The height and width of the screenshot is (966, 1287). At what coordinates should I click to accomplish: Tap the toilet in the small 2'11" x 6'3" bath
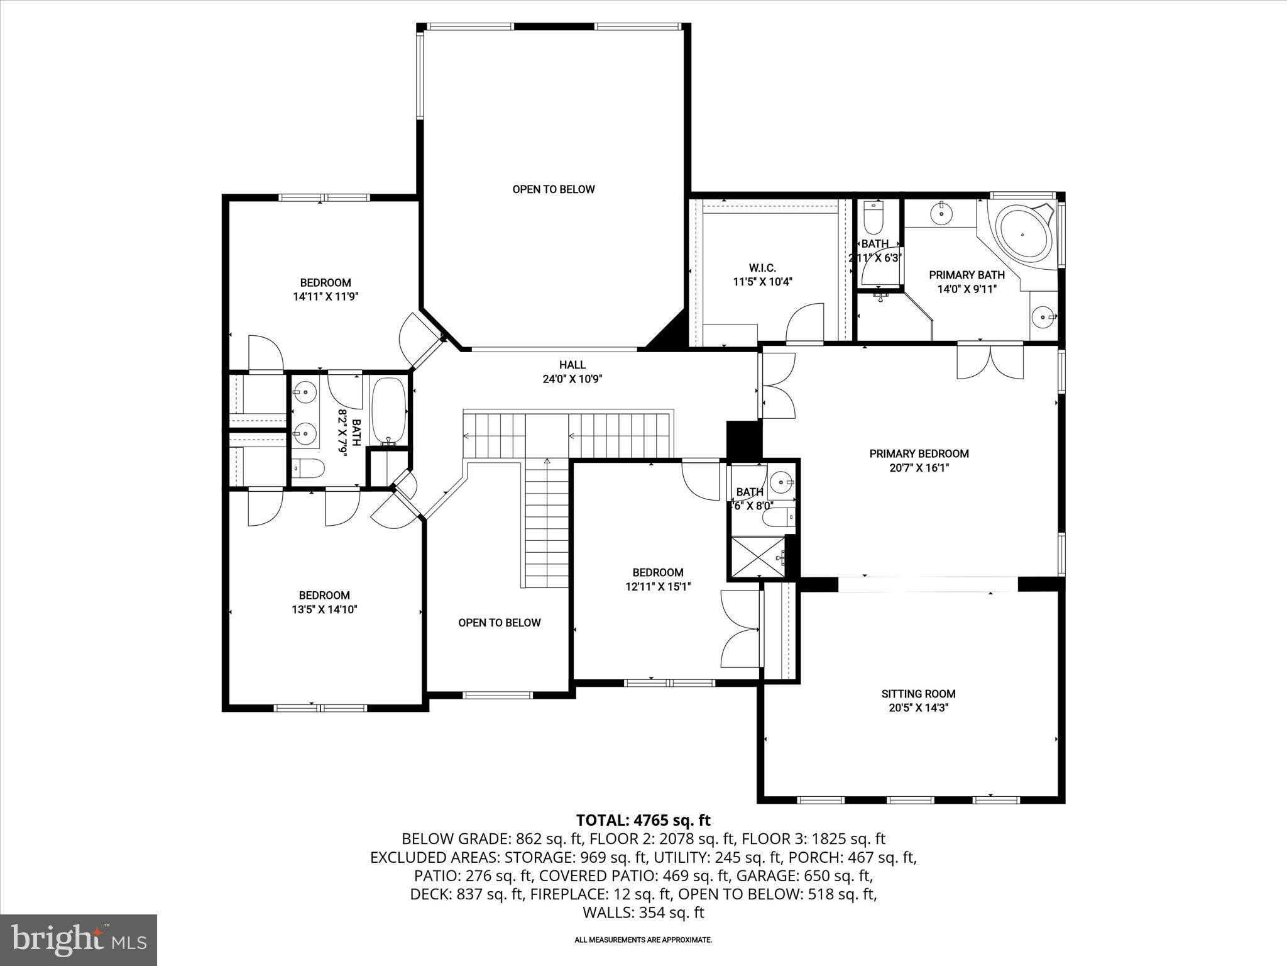click(x=874, y=218)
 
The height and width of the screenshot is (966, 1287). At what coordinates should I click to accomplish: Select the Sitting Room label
click(x=918, y=694)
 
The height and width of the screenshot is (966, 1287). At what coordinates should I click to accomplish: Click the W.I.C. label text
click(x=762, y=268)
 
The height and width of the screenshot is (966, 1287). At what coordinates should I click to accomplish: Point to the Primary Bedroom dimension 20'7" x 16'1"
click(x=918, y=467)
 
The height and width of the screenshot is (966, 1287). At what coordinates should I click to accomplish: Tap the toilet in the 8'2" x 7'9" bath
click(x=309, y=468)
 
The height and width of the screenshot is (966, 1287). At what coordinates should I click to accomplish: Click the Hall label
click(x=572, y=365)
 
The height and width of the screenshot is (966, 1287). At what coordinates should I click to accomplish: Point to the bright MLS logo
click(x=79, y=939)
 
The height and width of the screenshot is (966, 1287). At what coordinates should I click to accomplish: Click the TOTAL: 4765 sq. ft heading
click(x=643, y=820)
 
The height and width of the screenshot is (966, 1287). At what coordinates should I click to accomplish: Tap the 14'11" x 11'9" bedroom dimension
click(x=325, y=297)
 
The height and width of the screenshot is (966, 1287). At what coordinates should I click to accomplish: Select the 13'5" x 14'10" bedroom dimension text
click(x=324, y=609)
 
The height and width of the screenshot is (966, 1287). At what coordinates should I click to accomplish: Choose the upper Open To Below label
click(x=553, y=189)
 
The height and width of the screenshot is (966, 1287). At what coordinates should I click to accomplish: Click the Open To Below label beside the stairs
click(x=499, y=623)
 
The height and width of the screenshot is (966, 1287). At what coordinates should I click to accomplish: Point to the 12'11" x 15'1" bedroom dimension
click(x=657, y=586)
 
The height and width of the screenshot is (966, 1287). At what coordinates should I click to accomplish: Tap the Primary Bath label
click(x=967, y=275)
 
